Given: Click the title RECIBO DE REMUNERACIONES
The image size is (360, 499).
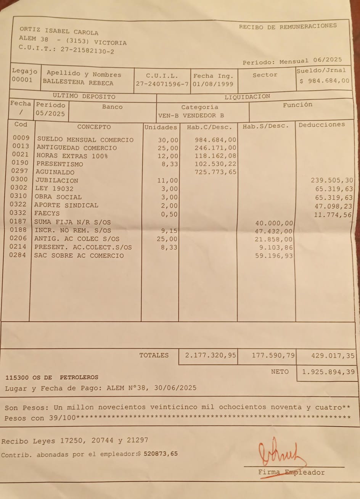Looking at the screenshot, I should pyautogui.click(x=288, y=27).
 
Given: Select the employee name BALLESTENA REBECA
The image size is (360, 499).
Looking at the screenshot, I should pyautogui.click(x=78, y=83).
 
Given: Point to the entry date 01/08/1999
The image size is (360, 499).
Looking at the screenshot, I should pyautogui.click(x=213, y=84).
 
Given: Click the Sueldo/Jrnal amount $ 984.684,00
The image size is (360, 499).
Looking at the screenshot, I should pyautogui.click(x=325, y=80).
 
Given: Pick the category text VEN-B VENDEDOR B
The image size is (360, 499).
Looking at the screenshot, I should pyautogui.click(x=191, y=115).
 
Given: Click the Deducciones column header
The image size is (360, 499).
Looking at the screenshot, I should pyautogui.click(x=321, y=124).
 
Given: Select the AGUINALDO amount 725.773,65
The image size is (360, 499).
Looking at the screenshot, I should pyautogui.click(x=215, y=172).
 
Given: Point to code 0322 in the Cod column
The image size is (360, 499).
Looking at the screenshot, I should pyautogui.click(x=19, y=204).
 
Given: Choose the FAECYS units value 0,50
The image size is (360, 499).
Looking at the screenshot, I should pyautogui.click(x=169, y=214).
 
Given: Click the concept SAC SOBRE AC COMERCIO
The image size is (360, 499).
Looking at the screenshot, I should pyautogui.click(x=79, y=255).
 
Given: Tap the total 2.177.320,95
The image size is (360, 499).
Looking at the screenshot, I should pyautogui.click(x=211, y=356).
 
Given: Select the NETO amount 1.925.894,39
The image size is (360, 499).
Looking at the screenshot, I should pyautogui.click(x=328, y=372).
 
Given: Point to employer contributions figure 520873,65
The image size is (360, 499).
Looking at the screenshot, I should pyautogui.click(x=161, y=454).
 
